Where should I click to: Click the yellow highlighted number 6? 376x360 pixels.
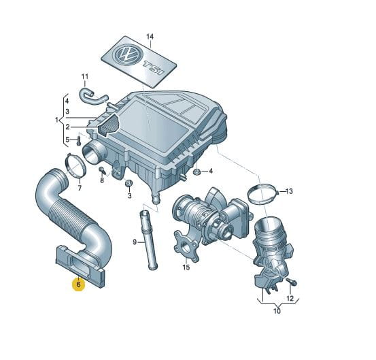click(x=79, y=284)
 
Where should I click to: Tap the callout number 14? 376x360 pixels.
click(x=150, y=37)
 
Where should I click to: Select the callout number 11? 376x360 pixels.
click(x=85, y=77)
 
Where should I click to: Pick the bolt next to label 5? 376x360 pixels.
click(x=78, y=141)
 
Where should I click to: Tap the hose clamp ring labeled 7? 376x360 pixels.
click(x=75, y=165)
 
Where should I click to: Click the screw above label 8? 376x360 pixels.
click(x=103, y=170)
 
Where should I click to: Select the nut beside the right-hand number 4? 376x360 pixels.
click(x=196, y=171)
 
